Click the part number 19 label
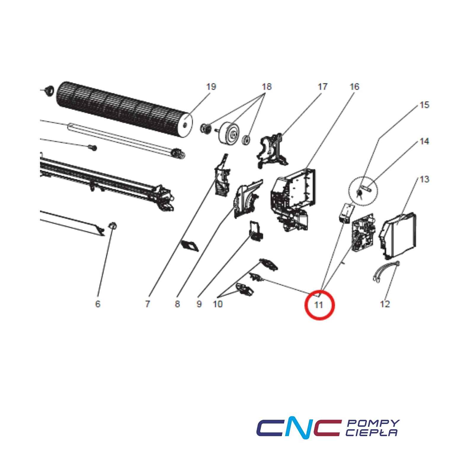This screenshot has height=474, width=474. [211, 87]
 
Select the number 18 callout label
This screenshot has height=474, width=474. [267, 87]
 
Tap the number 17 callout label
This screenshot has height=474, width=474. [322, 87]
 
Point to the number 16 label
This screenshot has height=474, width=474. [354, 87]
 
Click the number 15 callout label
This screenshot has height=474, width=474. [425, 105]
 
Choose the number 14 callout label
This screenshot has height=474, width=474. [425, 141]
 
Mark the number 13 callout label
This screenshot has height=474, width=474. [425, 179]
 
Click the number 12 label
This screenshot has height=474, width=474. [385, 304]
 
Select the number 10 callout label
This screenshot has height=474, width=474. [218, 304]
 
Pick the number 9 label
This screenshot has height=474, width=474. [199, 304]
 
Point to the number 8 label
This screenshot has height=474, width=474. [177, 304]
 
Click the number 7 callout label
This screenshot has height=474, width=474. [148, 304]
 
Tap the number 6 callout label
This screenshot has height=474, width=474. [98, 304]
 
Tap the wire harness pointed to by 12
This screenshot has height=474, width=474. [385, 270]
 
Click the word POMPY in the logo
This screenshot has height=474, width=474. [373, 423]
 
